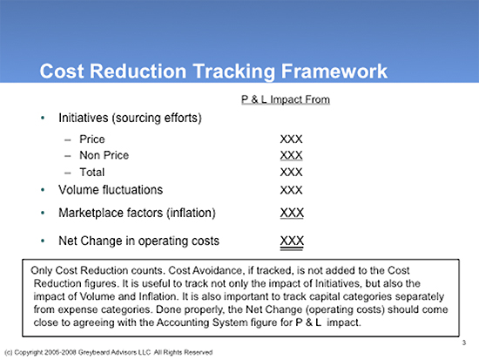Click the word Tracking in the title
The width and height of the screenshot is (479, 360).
[x=234, y=71]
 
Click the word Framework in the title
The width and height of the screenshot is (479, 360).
[x=334, y=71]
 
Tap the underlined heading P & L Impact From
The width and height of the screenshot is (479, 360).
[x=286, y=99]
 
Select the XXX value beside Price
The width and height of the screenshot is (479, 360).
[x=291, y=139]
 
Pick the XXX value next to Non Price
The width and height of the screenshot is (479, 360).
[x=291, y=155]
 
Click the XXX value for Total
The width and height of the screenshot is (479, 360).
[x=291, y=173]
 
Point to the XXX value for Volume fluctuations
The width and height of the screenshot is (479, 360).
[x=291, y=190]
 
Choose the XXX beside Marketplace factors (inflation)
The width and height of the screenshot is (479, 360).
[x=292, y=213]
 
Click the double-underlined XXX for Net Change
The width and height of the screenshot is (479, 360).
[x=292, y=241]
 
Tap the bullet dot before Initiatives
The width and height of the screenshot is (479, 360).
[x=43, y=118]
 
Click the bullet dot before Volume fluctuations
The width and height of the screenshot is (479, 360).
[x=43, y=190]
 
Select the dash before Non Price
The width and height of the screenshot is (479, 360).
[x=68, y=156]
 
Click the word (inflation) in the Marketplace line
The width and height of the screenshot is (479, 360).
[x=191, y=213]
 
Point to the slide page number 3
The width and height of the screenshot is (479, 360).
[x=464, y=343]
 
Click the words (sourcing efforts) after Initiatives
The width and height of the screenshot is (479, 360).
[x=157, y=118]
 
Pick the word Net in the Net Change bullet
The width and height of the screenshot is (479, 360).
[x=68, y=241]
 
